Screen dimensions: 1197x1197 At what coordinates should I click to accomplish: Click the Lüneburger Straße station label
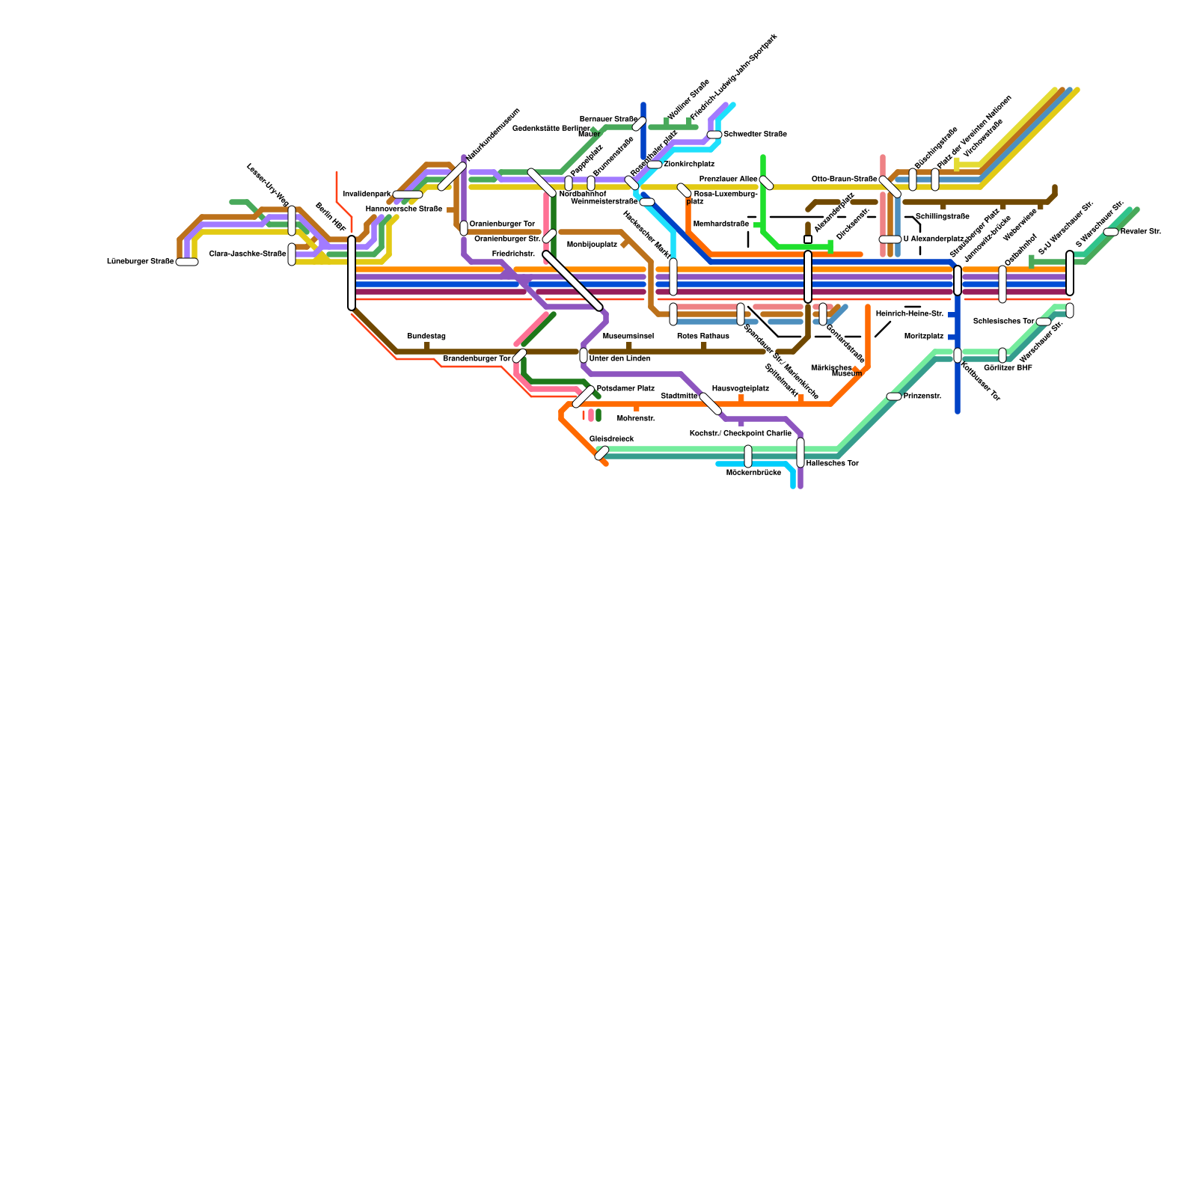tap(141, 262)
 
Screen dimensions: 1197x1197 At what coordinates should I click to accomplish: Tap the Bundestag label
tap(426, 337)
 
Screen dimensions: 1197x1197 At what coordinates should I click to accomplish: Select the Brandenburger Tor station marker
tap(519, 355)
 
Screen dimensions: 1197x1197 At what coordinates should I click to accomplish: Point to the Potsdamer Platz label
tap(625, 389)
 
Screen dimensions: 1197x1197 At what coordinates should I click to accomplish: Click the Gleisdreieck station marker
tap(601, 453)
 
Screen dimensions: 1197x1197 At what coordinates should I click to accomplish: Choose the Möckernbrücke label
tap(753, 473)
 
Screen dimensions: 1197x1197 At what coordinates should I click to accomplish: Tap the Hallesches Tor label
tap(833, 464)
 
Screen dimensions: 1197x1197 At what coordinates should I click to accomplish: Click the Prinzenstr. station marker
tap(894, 397)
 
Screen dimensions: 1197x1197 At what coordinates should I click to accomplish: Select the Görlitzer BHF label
tap(1008, 368)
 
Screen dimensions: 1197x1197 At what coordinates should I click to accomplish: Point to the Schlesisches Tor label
tap(1003, 322)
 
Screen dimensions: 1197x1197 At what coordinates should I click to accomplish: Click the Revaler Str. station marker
tap(1111, 232)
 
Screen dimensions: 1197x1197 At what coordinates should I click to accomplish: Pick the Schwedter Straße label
tap(755, 135)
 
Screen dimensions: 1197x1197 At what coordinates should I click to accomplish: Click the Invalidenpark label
tap(367, 195)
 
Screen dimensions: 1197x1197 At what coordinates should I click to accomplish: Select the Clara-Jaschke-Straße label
tap(248, 254)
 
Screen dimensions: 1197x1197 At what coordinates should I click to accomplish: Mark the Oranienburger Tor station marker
tap(464, 228)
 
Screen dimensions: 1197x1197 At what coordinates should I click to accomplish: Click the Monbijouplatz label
tap(592, 245)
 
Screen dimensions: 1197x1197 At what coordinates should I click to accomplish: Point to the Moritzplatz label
tap(923, 337)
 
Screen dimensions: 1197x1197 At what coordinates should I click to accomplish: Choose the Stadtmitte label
tap(679, 396)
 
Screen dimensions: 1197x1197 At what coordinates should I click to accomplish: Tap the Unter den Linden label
tap(619, 359)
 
